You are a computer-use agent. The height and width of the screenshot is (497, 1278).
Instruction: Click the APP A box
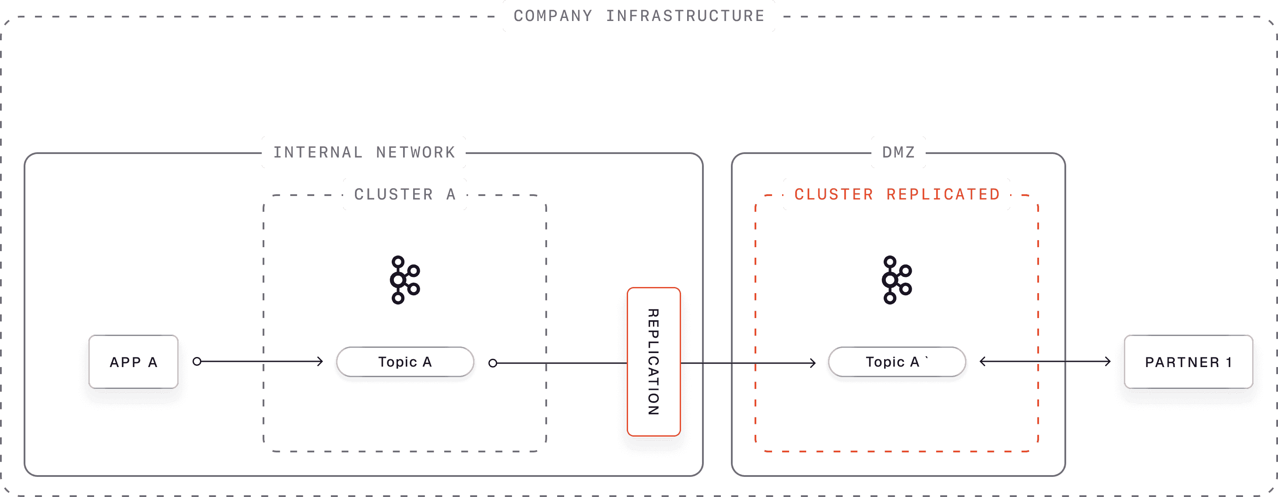tap(133, 361)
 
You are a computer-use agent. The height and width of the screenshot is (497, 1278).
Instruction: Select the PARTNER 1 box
tap(1188, 361)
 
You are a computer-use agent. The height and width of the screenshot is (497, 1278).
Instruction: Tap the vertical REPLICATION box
tap(653, 361)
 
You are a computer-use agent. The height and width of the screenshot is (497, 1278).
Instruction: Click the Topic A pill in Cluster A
tap(405, 361)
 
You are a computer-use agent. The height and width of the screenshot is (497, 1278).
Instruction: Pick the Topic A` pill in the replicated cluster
tap(896, 361)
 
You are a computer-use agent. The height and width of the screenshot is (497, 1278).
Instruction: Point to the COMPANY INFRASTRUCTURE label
tap(639, 16)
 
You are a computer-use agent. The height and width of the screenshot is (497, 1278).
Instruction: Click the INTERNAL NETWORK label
tap(364, 152)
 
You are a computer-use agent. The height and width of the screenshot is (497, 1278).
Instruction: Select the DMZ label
tap(898, 152)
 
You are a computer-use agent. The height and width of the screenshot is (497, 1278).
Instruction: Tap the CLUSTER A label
tap(404, 194)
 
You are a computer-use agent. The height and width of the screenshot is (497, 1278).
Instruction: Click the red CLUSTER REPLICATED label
tap(896, 194)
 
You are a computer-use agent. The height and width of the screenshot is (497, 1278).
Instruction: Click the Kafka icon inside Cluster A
tap(404, 280)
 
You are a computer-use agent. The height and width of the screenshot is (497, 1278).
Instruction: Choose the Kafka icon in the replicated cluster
tap(896, 280)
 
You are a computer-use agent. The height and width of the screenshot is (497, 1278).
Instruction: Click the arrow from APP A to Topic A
tap(260, 361)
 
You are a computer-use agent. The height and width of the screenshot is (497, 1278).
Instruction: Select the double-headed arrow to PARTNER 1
tap(1045, 361)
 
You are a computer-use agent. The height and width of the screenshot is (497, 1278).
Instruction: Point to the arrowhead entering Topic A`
tap(812, 363)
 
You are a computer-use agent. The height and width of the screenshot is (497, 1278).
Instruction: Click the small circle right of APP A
tap(197, 361)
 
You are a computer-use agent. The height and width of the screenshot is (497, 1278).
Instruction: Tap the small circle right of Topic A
tap(493, 363)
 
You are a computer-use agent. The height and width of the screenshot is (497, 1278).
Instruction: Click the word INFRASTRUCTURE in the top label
tap(685, 16)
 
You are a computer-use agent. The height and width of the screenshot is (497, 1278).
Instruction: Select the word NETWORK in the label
tap(415, 152)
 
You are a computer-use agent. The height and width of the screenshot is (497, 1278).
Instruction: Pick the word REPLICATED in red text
tap(943, 194)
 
